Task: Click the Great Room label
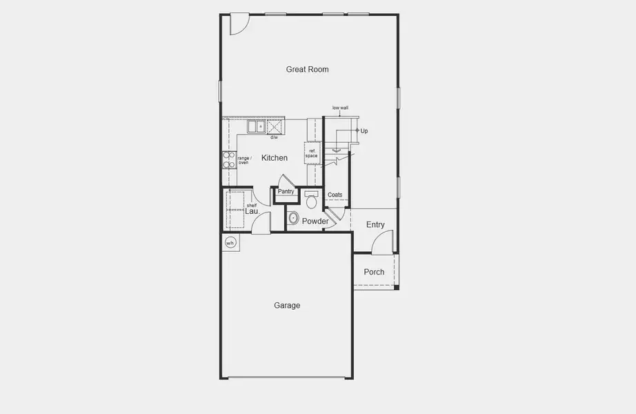pos(307,69)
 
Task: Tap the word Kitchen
pos(274,158)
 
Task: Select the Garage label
pos(287,305)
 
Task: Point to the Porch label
pos(374,272)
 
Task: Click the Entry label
pos(375,225)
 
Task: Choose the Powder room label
pos(315,221)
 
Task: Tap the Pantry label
pos(286,191)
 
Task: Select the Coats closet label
pos(335,195)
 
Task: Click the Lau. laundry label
pos(252,211)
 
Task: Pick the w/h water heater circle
pos(230,242)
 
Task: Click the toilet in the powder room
pos(311,200)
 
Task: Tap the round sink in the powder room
pos(293,219)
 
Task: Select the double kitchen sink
pos(257,126)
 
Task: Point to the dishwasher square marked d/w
pos(275,127)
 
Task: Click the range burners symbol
pos(228,160)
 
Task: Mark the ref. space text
pos(312,152)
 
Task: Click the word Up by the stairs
pos(364,130)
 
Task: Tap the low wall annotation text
pos(339,108)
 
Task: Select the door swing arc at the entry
pos(381,243)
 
